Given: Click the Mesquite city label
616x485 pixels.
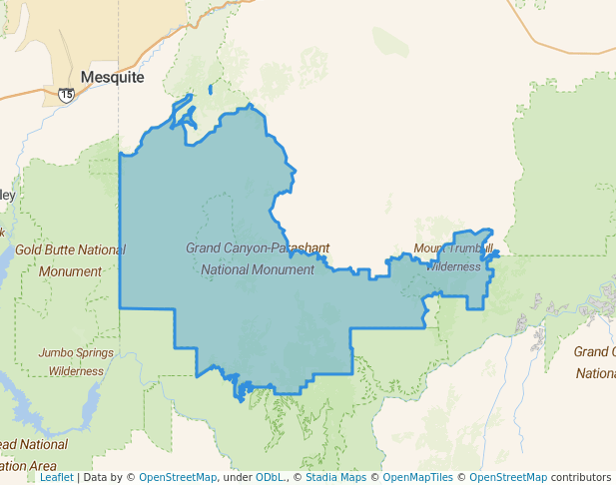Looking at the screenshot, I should pyautogui.click(x=112, y=77).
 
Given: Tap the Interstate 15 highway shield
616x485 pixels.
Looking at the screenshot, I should pyautogui.click(x=66, y=94).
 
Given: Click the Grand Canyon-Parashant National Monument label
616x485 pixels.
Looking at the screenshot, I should pyautogui.click(x=258, y=257).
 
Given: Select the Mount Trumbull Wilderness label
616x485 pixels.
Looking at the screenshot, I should pyautogui.click(x=454, y=256).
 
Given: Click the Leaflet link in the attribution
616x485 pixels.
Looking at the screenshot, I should pyautogui.click(x=56, y=477).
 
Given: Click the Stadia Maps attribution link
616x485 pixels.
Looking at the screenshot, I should pyautogui.click(x=335, y=477).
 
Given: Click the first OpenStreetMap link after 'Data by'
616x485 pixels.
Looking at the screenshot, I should pyautogui.click(x=178, y=477).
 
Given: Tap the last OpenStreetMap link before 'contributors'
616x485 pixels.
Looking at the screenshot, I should pyautogui.click(x=508, y=477).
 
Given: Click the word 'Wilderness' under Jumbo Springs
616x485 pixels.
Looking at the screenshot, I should pyautogui.click(x=76, y=370).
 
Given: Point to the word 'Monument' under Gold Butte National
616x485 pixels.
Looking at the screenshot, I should pyautogui.click(x=72, y=270).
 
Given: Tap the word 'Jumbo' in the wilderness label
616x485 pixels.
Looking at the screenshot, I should pyautogui.click(x=56, y=352).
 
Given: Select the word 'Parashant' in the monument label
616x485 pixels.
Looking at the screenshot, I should pyautogui.click(x=299, y=246).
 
